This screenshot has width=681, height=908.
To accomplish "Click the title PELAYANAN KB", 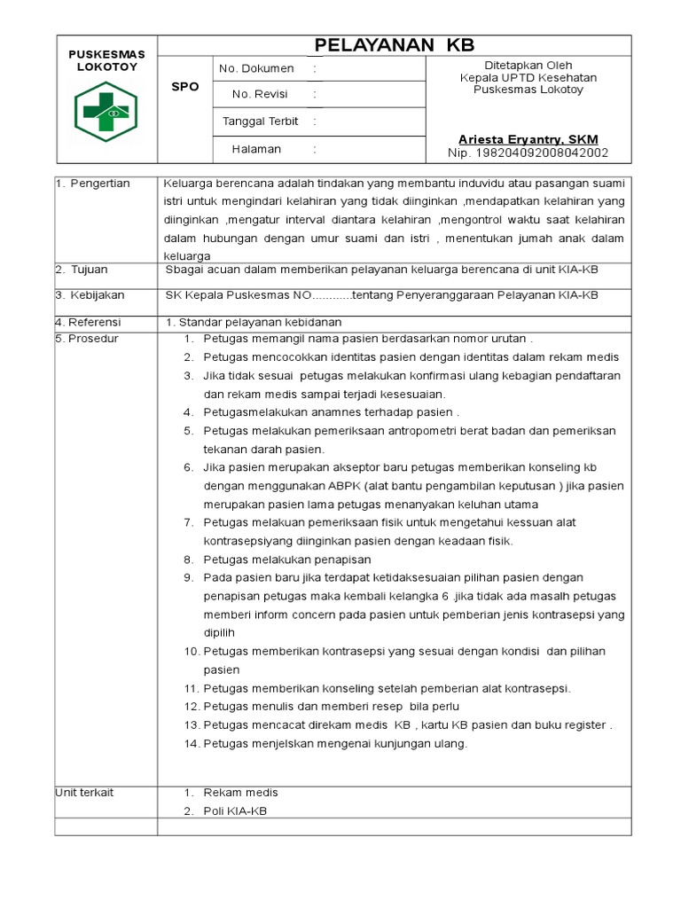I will point(395,46).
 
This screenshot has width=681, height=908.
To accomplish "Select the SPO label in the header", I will point(185,87).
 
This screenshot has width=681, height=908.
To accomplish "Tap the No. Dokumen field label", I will point(256,68).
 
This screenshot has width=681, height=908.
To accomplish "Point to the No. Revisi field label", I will point(259,94).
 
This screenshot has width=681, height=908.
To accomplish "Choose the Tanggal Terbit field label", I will point(260,121).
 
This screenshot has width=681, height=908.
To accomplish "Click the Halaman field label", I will point(256,149).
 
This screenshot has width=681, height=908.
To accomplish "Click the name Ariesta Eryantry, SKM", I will point(528,140).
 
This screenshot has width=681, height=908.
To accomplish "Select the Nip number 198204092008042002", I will point(528,153).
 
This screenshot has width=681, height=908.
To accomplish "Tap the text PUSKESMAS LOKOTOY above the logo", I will point(106,61).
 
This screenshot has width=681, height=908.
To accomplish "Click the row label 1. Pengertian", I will point(93,184).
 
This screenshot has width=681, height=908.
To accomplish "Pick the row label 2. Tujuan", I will point(83,270).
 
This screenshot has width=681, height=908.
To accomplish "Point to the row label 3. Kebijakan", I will point(90,295).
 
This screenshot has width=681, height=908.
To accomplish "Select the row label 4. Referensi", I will point(89,322).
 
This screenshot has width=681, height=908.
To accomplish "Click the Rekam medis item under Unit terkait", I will point(240,793).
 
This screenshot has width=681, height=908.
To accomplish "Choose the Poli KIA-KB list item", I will point(235,811).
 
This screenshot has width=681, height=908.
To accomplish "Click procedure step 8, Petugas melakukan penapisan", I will point(286,560).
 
